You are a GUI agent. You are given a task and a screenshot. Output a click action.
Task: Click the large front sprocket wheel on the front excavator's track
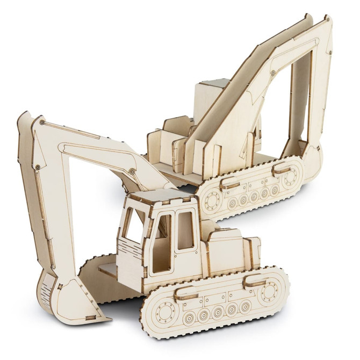162,312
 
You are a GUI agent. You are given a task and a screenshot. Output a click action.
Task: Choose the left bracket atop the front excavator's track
185,292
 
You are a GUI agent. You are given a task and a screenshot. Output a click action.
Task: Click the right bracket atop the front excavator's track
255,280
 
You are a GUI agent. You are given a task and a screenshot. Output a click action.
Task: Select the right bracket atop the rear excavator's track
282,169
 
